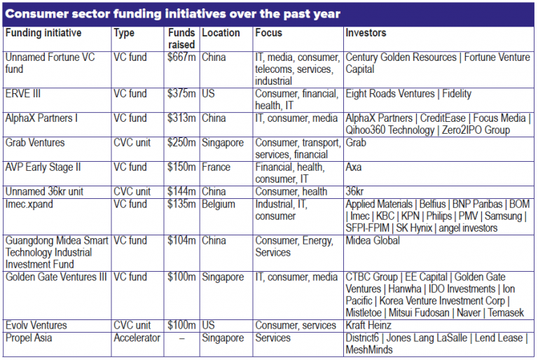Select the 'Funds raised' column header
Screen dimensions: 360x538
point(181,38)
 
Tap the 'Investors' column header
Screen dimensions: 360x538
point(366,33)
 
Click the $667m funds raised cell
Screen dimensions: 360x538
point(181,57)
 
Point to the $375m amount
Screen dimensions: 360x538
point(181,94)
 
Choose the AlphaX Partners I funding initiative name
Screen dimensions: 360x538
point(41,118)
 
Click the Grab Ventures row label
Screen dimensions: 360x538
point(35,143)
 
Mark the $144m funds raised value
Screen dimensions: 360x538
point(181,191)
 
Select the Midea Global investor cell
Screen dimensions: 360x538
point(373,240)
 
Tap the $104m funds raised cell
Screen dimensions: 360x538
point(181,240)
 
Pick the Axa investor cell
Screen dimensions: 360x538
point(354,167)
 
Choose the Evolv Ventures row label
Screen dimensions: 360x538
point(36,326)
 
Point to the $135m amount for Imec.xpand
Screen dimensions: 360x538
point(181,204)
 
